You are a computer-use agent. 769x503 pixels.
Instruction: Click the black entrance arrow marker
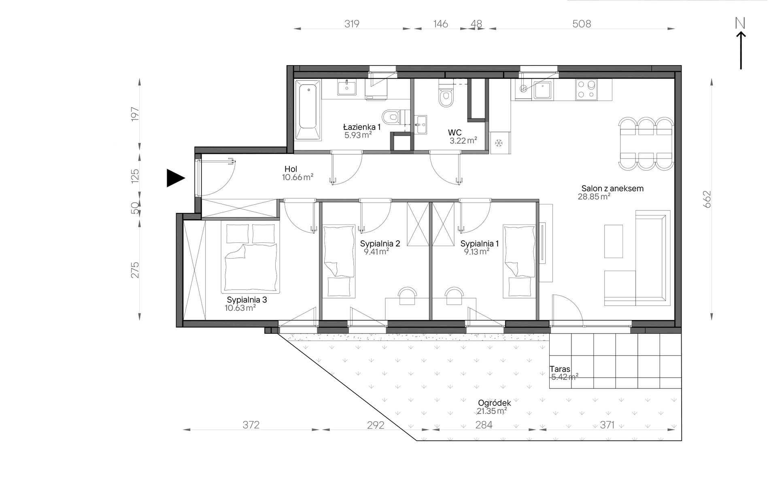click(x=175, y=178)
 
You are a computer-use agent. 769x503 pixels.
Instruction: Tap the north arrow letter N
click(x=740, y=24)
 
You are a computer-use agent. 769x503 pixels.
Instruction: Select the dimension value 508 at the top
click(x=582, y=24)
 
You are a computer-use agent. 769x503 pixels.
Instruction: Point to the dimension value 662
click(x=707, y=199)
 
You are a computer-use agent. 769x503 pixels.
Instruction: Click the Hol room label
click(x=291, y=169)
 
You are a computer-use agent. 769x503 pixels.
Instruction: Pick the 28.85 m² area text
click(x=594, y=197)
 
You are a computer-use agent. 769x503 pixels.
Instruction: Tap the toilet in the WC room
click(x=446, y=93)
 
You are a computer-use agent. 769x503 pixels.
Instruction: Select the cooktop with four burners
click(x=586, y=90)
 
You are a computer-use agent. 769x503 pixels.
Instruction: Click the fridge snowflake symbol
click(x=499, y=143)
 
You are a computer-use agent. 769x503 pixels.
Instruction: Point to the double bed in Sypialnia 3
click(x=251, y=257)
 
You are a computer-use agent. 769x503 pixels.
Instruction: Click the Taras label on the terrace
click(x=560, y=369)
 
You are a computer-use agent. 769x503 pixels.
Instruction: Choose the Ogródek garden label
click(x=494, y=403)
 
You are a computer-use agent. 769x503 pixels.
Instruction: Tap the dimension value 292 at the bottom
click(x=376, y=425)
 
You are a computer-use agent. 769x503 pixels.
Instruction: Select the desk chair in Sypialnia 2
click(x=407, y=296)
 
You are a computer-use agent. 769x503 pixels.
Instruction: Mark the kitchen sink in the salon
click(x=542, y=90)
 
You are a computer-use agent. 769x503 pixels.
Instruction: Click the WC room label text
click(x=455, y=133)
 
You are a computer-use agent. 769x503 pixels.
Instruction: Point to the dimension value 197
click(x=135, y=114)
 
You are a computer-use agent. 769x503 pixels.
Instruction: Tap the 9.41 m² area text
click(x=376, y=251)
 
